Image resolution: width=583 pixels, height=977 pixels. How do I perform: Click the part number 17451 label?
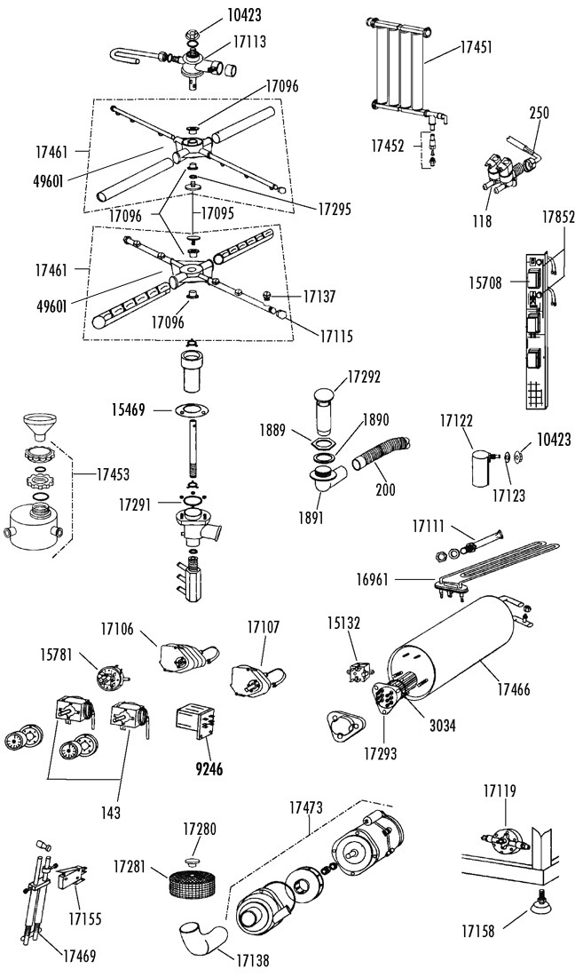[x=476, y=47]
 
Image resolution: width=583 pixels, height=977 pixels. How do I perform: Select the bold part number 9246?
[x=209, y=769]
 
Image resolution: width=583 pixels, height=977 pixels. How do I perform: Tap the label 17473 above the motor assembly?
[x=306, y=807]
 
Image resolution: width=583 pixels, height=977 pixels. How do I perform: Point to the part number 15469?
[x=128, y=410]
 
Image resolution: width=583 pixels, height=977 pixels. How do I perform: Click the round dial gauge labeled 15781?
[x=109, y=678]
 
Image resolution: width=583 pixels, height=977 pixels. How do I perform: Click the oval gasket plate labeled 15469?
[x=192, y=409]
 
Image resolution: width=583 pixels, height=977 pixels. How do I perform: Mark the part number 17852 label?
[x=558, y=217]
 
